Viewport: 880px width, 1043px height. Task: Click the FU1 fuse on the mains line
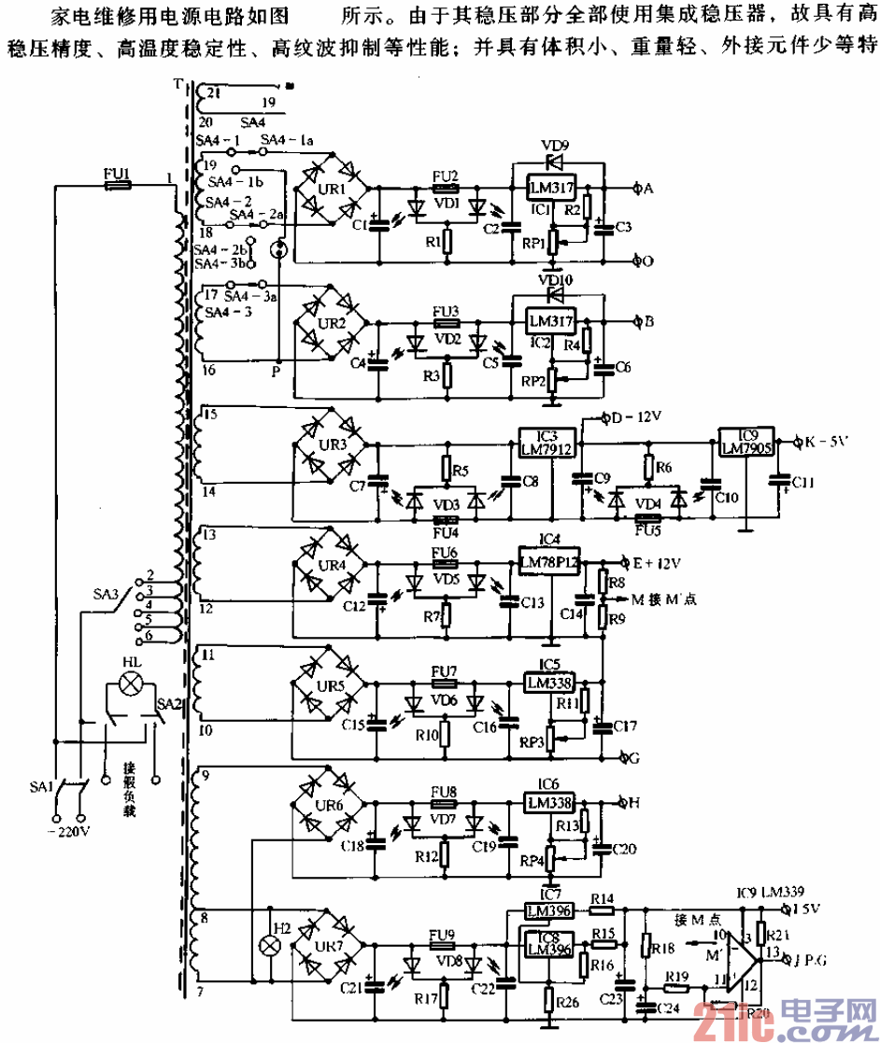point(119,186)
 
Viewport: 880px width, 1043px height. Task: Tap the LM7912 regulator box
point(546,443)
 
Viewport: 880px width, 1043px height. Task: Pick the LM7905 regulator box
point(745,442)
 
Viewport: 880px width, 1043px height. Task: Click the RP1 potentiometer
point(553,242)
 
